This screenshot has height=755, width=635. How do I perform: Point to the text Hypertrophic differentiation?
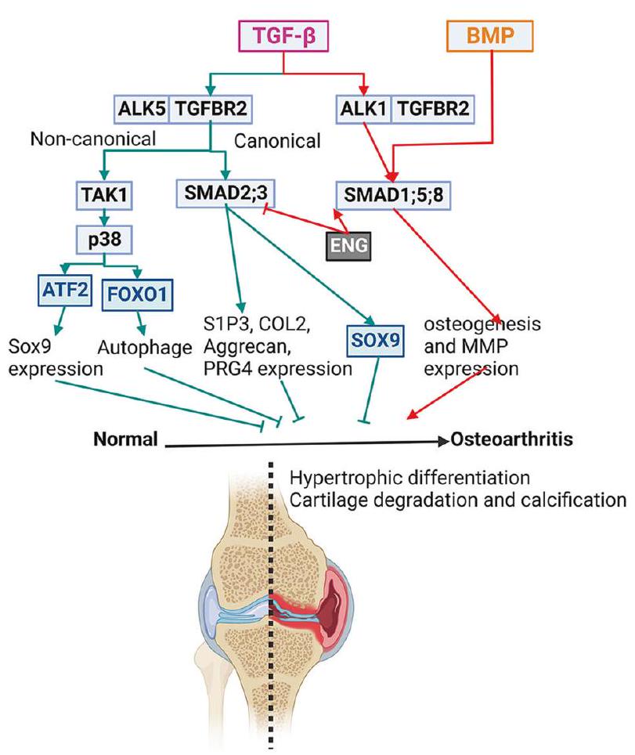(x=401, y=478)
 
